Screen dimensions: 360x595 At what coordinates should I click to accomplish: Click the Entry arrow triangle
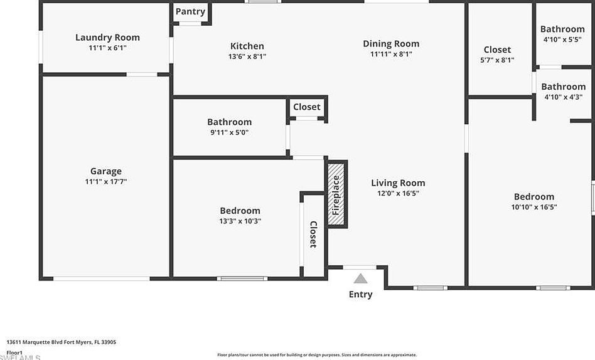click(x=360, y=278)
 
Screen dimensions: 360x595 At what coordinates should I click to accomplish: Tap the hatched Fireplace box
click(x=336, y=194)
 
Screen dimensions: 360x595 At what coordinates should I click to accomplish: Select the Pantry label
click(x=190, y=11)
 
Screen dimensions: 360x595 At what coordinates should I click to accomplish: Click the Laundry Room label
click(x=107, y=37)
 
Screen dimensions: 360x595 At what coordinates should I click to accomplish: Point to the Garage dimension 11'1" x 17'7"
click(x=106, y=181)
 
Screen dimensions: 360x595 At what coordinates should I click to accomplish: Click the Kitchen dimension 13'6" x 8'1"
click(x=247, y=56)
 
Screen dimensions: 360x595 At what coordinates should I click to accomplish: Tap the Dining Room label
click(x=391, y=43)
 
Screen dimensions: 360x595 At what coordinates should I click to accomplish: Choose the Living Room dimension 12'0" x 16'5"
click(x=398, y=193)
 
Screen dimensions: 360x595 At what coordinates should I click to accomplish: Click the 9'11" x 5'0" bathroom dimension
click(x=230, y=132)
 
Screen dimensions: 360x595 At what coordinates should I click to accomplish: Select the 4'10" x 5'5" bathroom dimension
click(x=562, y=39)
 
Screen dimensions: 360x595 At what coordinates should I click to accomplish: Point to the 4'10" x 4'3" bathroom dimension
click(x=563, y=97)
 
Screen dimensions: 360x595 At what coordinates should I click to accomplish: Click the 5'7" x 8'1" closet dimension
click(x=497, y=60)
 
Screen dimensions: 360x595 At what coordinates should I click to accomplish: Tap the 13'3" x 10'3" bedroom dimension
click(x=240, y=221)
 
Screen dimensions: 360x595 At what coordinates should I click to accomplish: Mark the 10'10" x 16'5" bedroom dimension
click(x=534, y=206)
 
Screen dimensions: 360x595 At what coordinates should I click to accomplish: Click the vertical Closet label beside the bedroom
click(x=313, y=234)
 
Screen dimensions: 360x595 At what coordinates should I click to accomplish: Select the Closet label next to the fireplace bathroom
click(x=307, y=107)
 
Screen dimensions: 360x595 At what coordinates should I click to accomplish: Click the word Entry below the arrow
click(x=360, y=294)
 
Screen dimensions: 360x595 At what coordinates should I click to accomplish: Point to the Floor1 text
click(x=14, y=352)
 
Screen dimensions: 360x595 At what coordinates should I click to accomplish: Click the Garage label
click(x=106, y=171)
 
